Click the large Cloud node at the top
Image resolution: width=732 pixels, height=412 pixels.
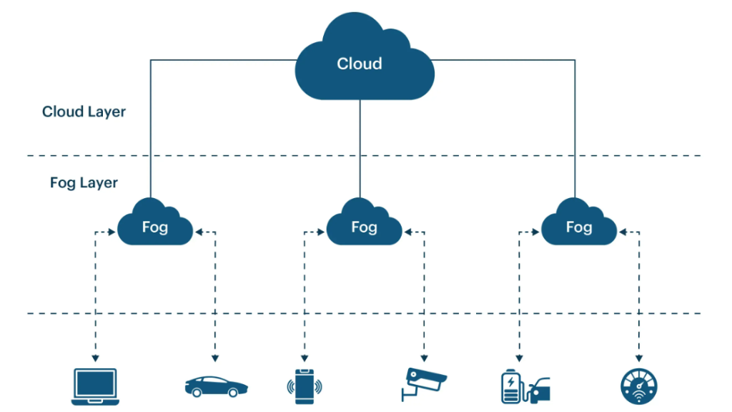[364, 61]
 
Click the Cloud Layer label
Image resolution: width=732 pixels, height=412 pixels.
[84, 112]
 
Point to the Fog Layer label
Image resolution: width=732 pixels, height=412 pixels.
[84, 182]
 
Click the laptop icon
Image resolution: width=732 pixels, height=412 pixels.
[94, 386]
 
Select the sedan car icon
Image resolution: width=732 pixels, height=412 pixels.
[215, 386]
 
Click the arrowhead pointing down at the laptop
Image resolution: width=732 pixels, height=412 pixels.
[94, 357]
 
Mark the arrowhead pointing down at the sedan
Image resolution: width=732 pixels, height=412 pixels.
[215, 357]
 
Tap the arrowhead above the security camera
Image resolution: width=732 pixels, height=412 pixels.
[424, 357]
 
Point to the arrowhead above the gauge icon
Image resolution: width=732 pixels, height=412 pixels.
[639, 357]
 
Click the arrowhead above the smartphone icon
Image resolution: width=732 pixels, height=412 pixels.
[304, 357]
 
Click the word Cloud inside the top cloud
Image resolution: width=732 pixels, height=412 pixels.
[360, 64]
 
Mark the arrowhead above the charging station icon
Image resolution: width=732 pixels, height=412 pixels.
[519, 357]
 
